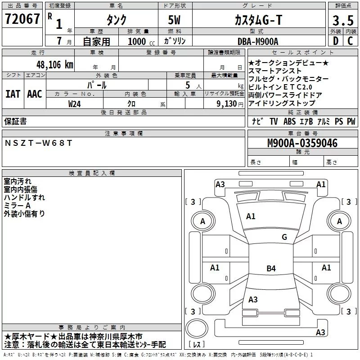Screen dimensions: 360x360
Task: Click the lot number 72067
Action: pyautogui.click(x=22, y=19)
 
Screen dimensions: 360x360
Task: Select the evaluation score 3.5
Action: pyautogui.click(x=343, y=20)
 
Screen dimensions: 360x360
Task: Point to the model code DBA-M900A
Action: pyautogui.click(x=258, y=41)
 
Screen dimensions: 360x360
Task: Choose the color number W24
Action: pyautogui.click(x=75, y=103)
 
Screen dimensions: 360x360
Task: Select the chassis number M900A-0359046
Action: pyautogui.click(x=302, y=143)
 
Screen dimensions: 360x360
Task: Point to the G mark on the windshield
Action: pyautogui.click(x=284, y=237)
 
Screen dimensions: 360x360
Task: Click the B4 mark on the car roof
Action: pyautogui.click(x=271, y=269)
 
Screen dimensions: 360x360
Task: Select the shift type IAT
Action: pyautogui.click(x=13, y=94)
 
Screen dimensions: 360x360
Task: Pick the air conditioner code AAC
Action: pyautogui.click(x=35, y=94)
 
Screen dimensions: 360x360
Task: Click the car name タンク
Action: pyautogui.click(x=116, y=20)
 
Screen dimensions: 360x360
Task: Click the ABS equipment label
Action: pyautogui.click(x=289, y=121)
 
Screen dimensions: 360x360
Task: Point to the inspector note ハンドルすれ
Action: pyautogui.click(x=24, y=198)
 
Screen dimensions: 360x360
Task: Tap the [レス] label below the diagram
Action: pyautogui.click(x=197, y=344)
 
